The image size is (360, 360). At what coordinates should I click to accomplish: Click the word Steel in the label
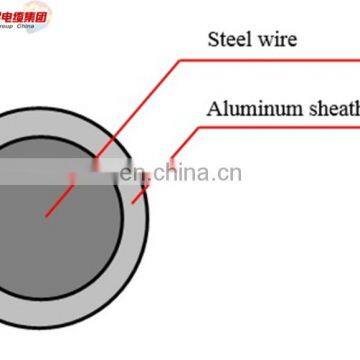(229, 40)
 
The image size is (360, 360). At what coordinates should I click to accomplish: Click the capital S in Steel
(212, 40)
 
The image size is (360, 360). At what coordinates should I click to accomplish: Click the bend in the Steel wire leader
(181, 60)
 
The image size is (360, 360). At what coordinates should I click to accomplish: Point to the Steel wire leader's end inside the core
(45, 213)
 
